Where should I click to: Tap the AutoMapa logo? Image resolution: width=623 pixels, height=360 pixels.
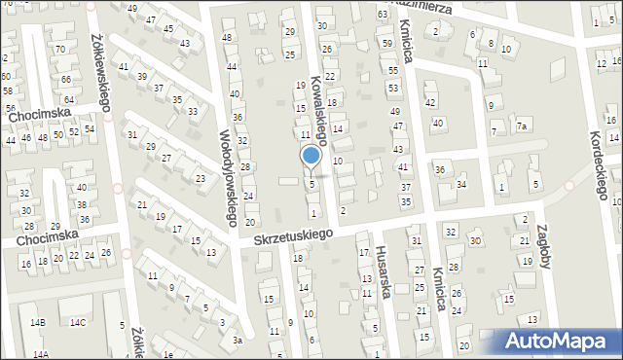pos(563,341)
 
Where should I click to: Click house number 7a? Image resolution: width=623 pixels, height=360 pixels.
pos(523,126)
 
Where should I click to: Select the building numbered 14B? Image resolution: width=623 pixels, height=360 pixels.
pos(38,322)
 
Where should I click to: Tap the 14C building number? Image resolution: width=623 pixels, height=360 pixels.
pos(77,322)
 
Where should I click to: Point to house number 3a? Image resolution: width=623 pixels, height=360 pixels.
pos(237,341)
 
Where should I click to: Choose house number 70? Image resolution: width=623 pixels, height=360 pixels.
pos(60,49)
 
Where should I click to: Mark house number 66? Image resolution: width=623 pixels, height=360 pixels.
pos(66,79)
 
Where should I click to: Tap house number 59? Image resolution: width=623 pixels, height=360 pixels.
pos(387,44)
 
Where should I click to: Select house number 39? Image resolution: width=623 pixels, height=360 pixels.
pos(142,76)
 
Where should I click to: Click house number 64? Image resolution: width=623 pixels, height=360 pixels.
pos(68,99)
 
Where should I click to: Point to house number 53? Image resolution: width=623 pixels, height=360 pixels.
pos(392,88)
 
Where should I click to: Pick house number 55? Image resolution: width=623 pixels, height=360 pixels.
pos(393,70)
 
